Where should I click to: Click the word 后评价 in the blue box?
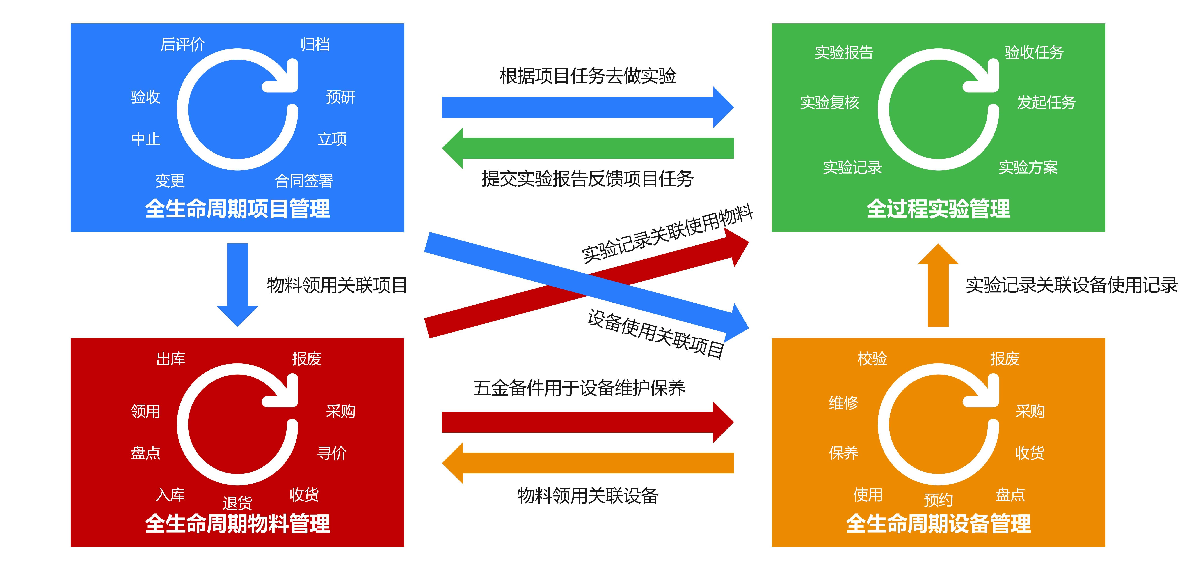pyautogui.click(x=182, y=45)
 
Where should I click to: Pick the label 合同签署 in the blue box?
pyautogui.click(x=304, y=181)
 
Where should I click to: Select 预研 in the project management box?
pyautogui.click(x=341, y=97)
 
